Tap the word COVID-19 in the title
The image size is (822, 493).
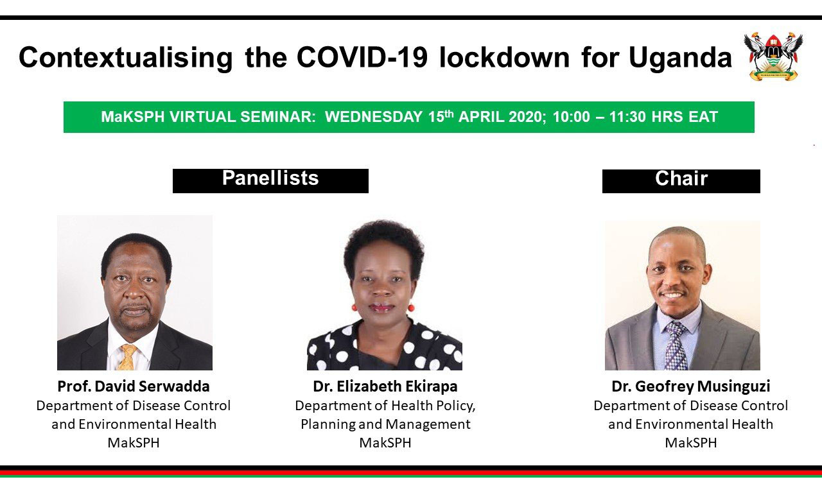coord(362,57)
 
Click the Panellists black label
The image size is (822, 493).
coord(270,181)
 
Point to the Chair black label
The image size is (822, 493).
coord(681,181)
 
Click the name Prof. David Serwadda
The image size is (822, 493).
coord(134,386)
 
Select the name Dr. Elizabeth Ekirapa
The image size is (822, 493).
coord(385,386)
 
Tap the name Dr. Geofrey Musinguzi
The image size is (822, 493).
coord(691,386)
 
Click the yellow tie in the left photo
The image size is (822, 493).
coord(127,357)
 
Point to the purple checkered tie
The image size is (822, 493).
coord(676,345)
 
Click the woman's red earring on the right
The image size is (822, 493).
coord(410,307)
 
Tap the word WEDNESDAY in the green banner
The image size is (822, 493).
coord(374,117)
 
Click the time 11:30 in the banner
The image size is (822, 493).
coord(627,117)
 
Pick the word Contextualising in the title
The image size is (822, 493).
coord(125,58)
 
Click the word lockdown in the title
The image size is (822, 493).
coord(504,57)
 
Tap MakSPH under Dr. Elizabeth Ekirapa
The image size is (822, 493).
coord(385,443)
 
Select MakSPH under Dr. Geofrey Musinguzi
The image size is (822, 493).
coord(691,443)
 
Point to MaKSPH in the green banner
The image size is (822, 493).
coord(132,117)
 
